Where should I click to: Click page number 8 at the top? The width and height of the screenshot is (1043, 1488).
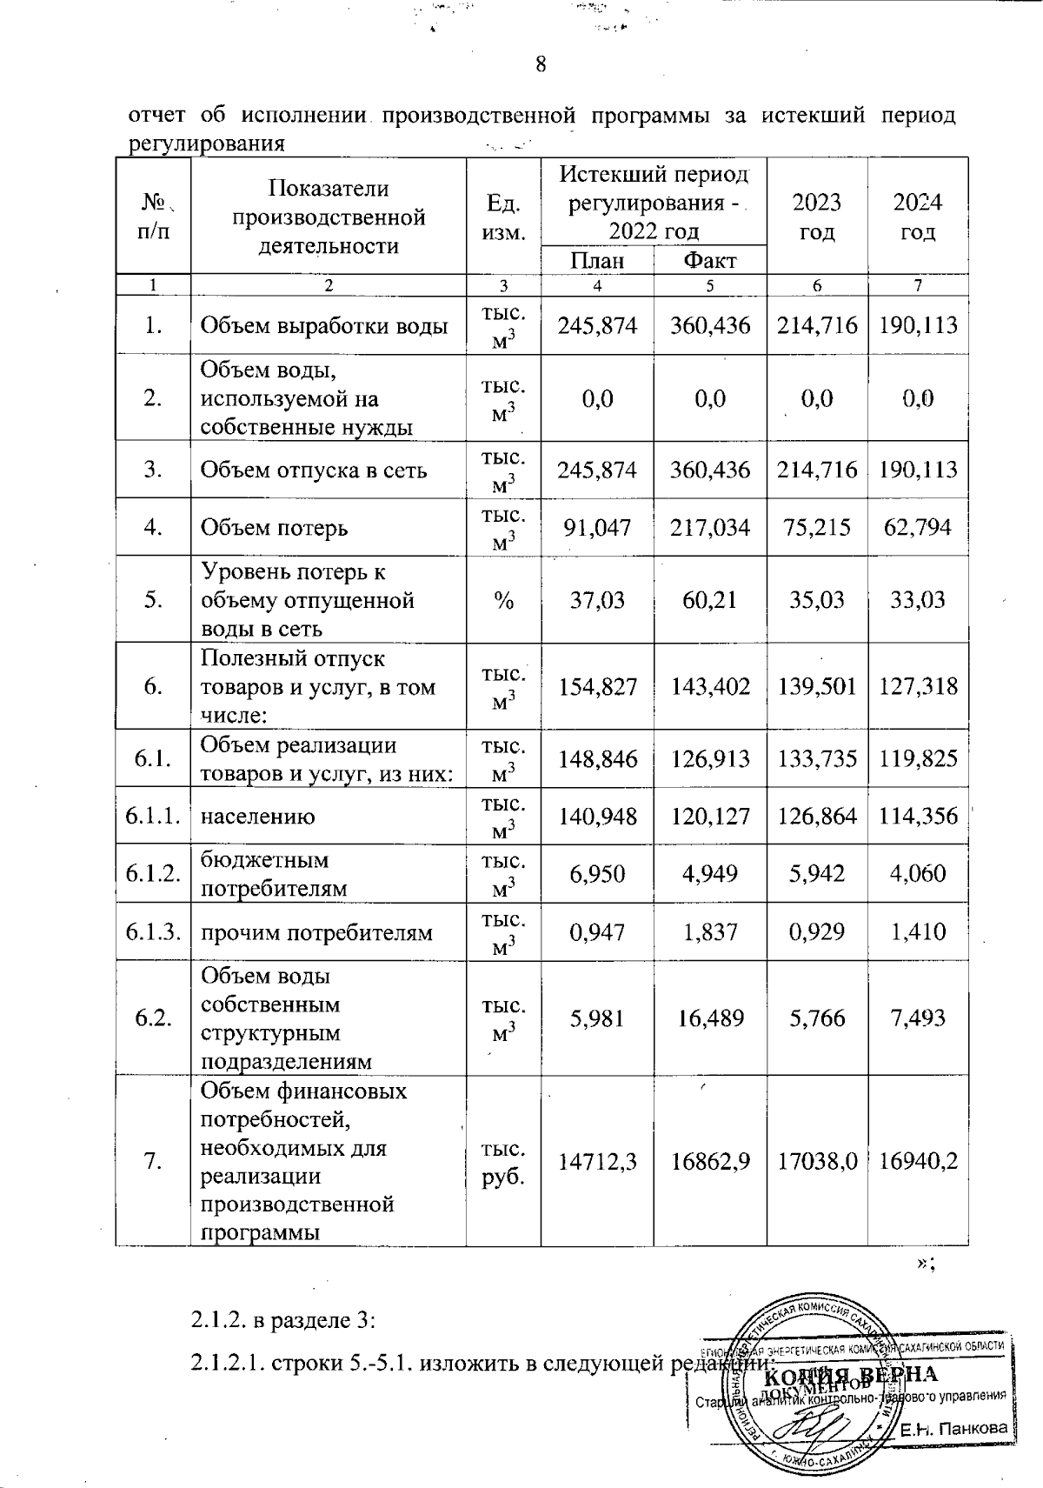point(541,64)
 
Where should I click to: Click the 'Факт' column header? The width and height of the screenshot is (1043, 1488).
point(709,260)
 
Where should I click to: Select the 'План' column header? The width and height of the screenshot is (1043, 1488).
point(597,260)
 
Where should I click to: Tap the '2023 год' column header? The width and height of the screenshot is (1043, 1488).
point(817,217)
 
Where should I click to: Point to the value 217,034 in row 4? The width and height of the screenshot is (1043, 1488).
point(709,527)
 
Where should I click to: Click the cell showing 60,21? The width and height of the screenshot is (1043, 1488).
point(709,599)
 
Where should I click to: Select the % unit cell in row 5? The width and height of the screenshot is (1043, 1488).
point(503,599)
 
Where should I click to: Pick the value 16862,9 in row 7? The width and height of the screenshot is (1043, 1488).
point(709,1161)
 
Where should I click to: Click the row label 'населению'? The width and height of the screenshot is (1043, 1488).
point(258,817)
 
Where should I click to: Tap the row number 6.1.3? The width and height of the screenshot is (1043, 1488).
point(153,932)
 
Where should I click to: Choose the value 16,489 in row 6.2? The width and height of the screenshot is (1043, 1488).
point(709,1018)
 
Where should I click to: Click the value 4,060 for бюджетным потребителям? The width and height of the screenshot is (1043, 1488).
point(918,873)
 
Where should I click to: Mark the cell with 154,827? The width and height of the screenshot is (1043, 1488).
point(597,686)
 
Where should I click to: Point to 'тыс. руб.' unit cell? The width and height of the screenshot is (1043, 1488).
point(503,1161)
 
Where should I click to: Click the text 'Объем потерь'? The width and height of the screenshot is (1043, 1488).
point(274,527)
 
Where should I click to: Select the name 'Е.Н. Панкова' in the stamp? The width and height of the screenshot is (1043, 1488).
point(953,1428)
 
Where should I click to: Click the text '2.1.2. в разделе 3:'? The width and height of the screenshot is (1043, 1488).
point(282,1320)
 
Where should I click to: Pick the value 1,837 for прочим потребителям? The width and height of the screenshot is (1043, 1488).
point(709,932)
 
